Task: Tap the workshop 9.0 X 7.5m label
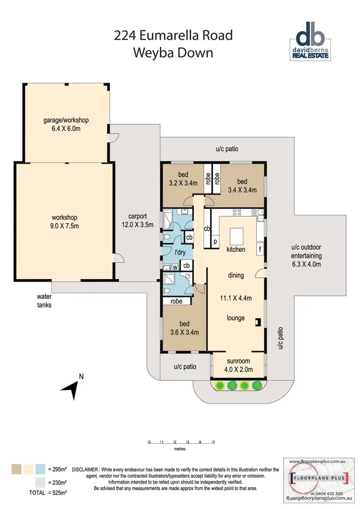click(x=65, y=222)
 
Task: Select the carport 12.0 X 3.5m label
click(x=137, y=220)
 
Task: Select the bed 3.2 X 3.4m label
click(x=183, y=178)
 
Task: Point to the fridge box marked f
click(x=260, y=249)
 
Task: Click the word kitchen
click(x=236, y=249)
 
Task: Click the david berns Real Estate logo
click(x=312, y=42)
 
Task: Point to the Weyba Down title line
click(x=173, y=52)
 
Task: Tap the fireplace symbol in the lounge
click(x=258, y=322)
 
